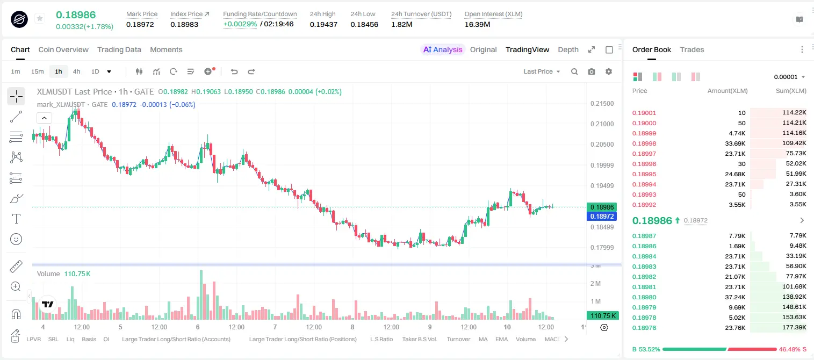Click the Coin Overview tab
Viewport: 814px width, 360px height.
point(63,49)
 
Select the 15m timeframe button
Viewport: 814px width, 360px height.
point(37,71)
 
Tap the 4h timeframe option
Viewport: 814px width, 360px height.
point(76,71)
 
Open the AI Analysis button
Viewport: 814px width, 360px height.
point(442,49)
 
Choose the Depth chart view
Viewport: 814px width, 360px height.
point(568,49)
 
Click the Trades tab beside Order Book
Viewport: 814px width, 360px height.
point(692,49)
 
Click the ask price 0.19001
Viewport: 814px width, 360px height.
point(644,113)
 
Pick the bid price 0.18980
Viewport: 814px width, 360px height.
point(644,297)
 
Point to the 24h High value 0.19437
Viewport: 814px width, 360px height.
point(323,24)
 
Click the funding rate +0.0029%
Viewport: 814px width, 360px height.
point(240,24)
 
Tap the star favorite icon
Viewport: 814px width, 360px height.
point(40,18)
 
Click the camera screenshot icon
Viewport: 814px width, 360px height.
point(592,71)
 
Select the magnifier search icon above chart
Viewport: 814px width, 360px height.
point(574,71)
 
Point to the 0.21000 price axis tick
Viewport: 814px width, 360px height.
point(602,124)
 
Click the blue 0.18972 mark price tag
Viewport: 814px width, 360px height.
point(602,216)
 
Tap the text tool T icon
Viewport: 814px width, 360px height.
point(16,219)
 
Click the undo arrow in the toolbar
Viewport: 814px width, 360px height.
point(234,71)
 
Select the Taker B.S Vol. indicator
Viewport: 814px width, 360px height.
point(419,339)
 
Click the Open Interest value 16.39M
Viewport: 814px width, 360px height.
point(477,24)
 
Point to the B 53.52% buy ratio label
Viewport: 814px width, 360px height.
point(646,349)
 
